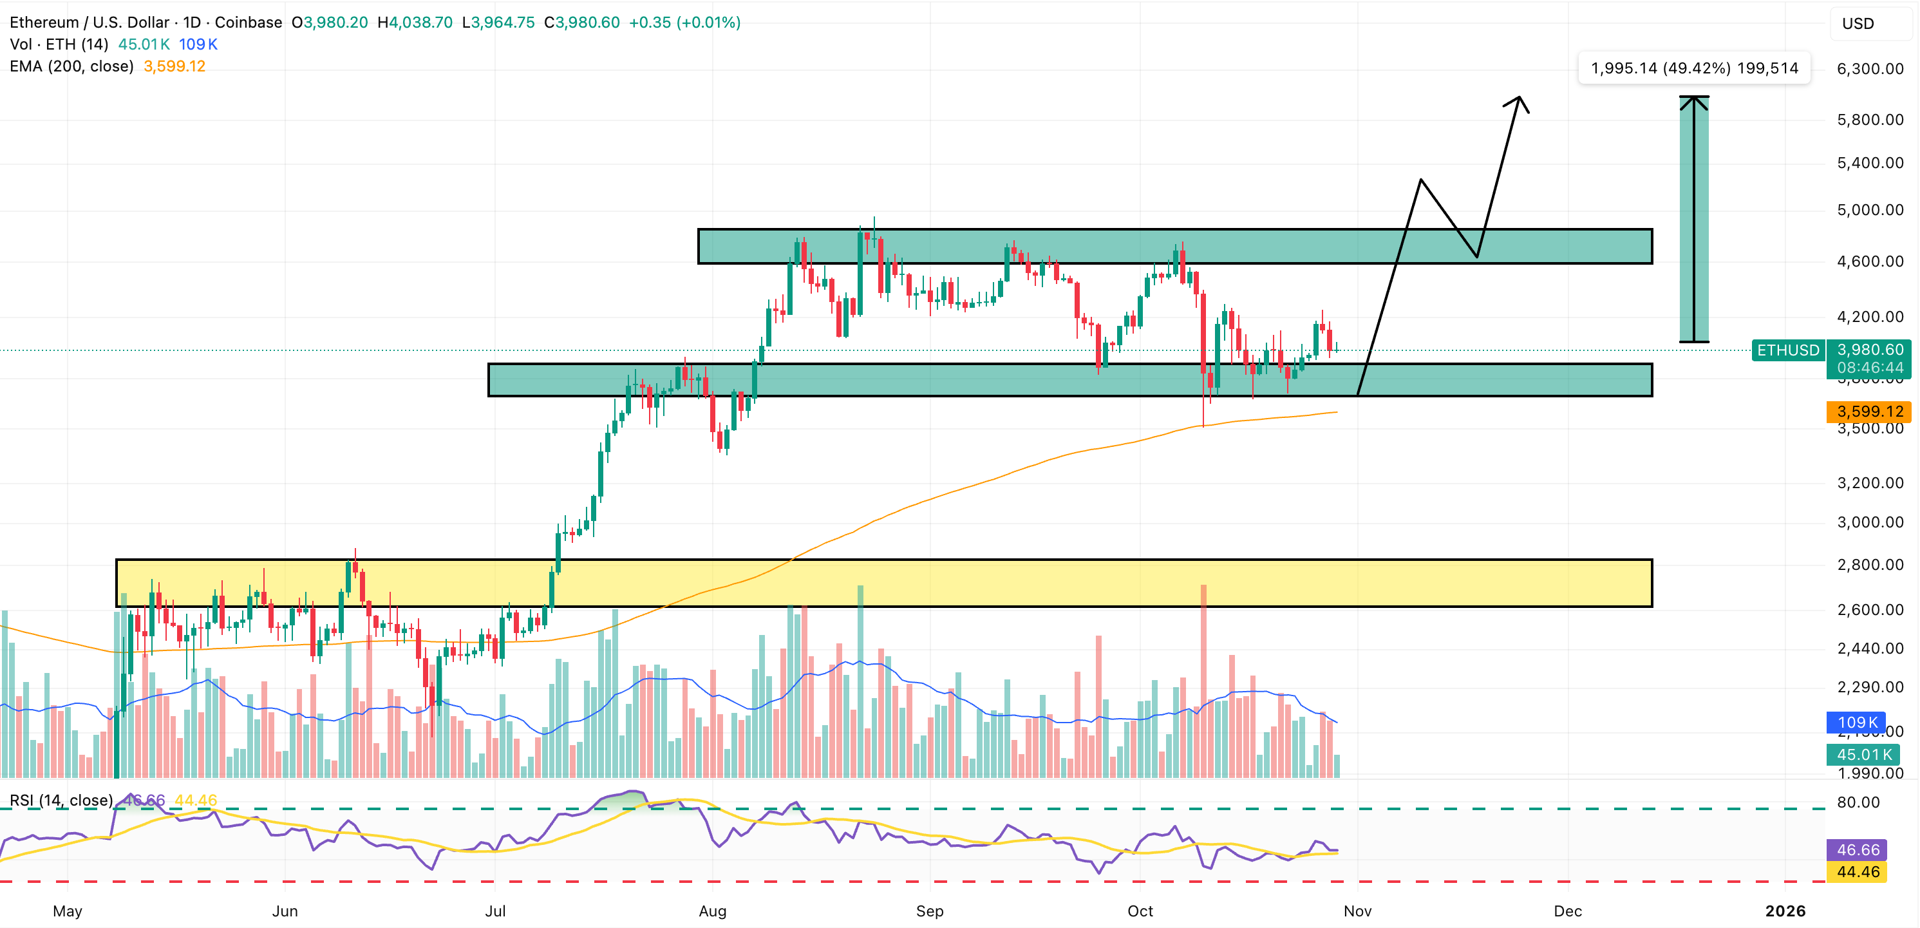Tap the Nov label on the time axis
[1357, 911]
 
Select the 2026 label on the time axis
[1785, 911]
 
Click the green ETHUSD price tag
[1787, 350]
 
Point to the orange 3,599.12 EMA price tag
[1868, 412]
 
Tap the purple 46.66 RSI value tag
[1858, 849]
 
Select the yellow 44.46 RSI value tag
[1858, 871]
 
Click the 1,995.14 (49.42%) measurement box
[1694, 68]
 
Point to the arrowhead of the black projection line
[1519, 99]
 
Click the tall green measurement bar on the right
[1693, 219]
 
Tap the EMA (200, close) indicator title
[71, 66]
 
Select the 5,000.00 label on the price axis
[1869, 210]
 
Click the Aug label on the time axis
[713, 911]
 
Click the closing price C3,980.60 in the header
[581, 23]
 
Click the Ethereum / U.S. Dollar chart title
[89, 23]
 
